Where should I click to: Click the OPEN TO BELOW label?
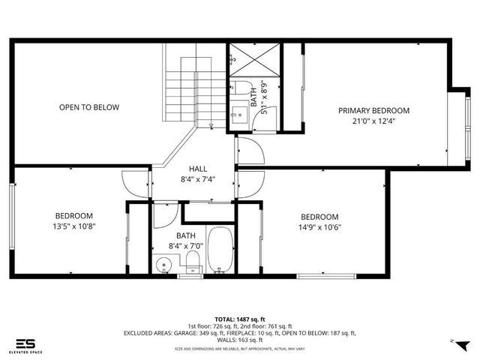tap(89, 107)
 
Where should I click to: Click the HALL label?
tap(198, 169)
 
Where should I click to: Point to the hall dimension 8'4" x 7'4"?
tap(198, 179)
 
